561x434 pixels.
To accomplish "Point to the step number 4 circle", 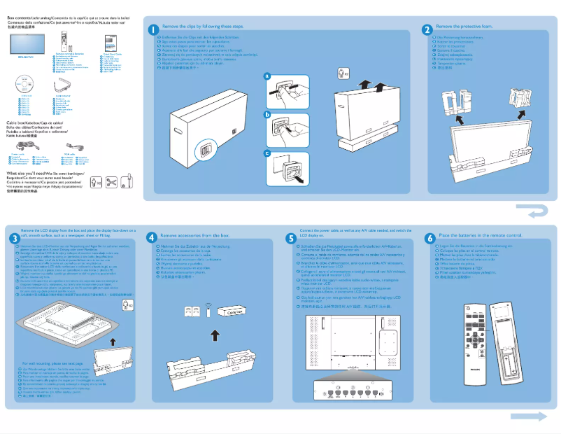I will pos(152,238).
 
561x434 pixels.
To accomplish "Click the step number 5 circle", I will pos(292,238).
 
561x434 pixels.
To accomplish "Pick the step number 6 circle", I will pos(429,238).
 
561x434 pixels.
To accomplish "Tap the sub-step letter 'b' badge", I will pos(267,114).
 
